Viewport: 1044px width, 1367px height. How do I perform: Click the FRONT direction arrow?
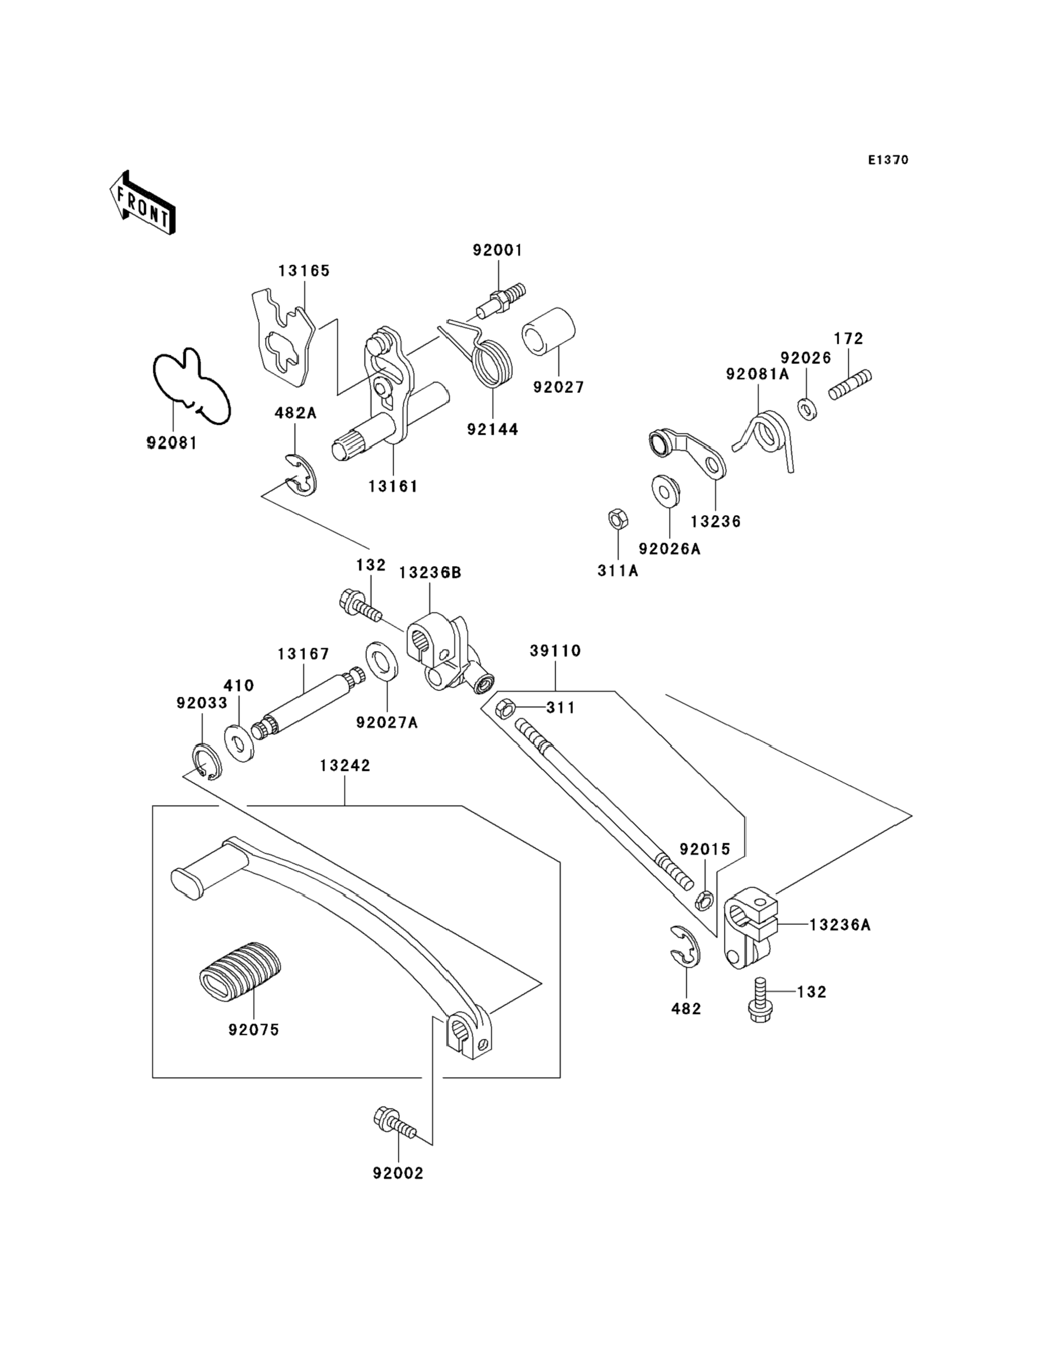coord(142,203)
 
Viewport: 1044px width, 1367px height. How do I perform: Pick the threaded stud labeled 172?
coord(850,385)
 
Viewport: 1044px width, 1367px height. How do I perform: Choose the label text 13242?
coord(345,766)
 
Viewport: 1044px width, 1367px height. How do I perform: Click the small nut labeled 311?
coord(504,708)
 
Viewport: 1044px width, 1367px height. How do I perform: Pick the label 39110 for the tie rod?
coord(555,651)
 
